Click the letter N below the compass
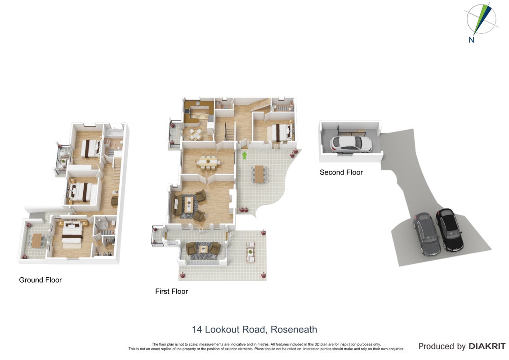pyautogui.click(x=471, y=40)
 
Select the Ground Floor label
pyautogui.click(x=40, y=280)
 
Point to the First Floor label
pyautogui.click(x=171, y=291)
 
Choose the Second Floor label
pyautogui.click(x=341, y=172)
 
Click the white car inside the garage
pyautogui.click(x=351, y=144)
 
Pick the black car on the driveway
pyautogui.click(x=450, y=229)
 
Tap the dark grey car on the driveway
pyautogui.click(x=427, y=234)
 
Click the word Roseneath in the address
pyautogui.click(x=294, y=329)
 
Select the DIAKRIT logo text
pyautogui.click(x=487, y=346)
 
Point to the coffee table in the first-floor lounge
pyautogui.click(x=189, y=203)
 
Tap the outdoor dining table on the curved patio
pyautogui.click(x=259, y=174)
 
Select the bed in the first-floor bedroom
pyautogui.click(x=279, y=132)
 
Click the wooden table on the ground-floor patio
pyautogui.click(x=36, y=240)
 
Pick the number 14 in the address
pyautogui.click(x=197, y=329)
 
